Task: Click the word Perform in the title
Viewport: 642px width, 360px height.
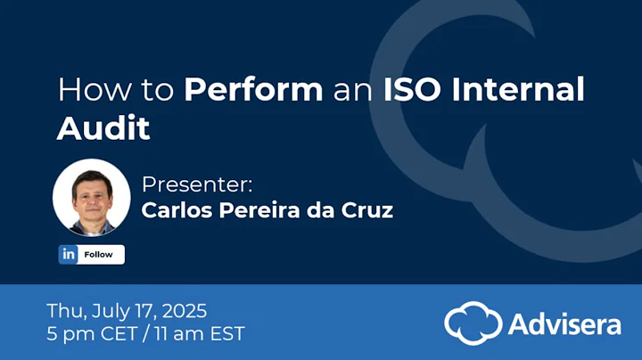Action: tap(253, 90)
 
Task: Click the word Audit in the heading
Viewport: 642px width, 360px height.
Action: tap(103, 129)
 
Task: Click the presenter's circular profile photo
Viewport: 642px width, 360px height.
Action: tap(86, 197)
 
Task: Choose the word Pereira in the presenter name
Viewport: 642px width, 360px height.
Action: tap(256, 211)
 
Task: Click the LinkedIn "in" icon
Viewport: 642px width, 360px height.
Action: tap(69, 254)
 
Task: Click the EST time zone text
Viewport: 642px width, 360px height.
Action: tap(223, 334)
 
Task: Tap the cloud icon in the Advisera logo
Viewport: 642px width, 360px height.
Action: tap(473, 322)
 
